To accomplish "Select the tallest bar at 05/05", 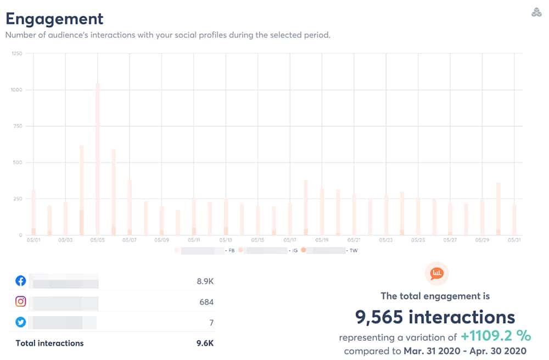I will (x=98, y=159).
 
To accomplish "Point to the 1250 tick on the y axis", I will (x=16, y=53).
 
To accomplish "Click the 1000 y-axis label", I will (x=16, y=89).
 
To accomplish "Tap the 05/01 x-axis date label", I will (x=33, y=240).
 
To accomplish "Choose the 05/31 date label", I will (x=514, y=240).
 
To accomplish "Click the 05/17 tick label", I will (x=290, y=240).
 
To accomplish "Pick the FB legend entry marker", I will (x=177, y=250).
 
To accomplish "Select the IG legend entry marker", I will (x=240, y=250).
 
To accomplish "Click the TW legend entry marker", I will (x=303, y=250).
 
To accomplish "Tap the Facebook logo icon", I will (x=21, y=281).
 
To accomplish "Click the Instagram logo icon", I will (x=21, y=301).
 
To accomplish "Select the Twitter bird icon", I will (x=21, y=322).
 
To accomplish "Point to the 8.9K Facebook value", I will (x=205, y=282).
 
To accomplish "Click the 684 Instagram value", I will (x=206, y=302).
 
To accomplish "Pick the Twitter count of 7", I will (x=211, y=323).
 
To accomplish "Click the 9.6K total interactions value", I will (x=205, y=344).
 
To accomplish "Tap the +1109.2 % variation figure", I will (x=496, y=336).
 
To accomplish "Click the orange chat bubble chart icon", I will (x=437, y=273).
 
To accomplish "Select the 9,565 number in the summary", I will (x=387, y=317).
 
